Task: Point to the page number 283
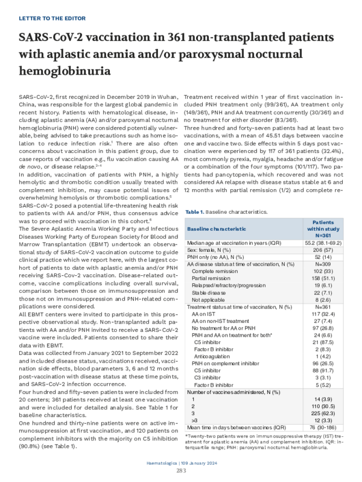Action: (181, 471)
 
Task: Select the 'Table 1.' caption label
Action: (195, 212)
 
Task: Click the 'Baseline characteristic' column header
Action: (217, 229)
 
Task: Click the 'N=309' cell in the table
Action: (329, 264)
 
